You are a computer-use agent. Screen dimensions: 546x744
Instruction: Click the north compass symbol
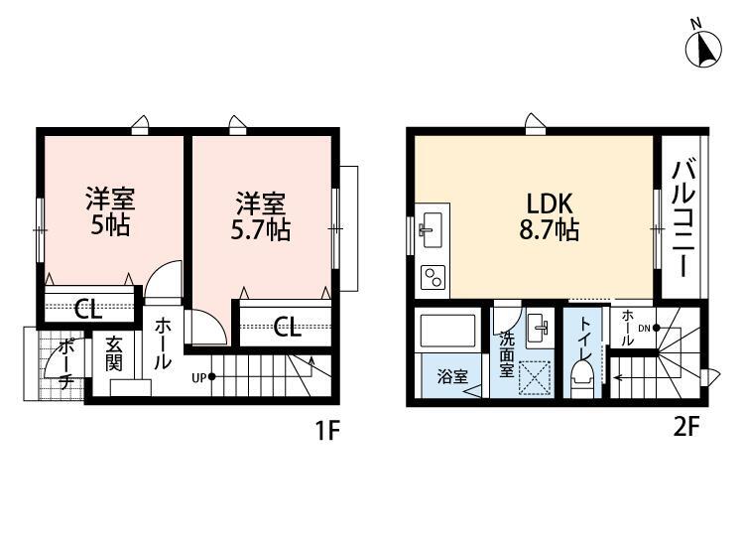pyautogui.click(x=703, y=48)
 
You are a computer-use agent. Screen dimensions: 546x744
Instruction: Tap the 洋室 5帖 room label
pyautogui.click(x=109, y=210)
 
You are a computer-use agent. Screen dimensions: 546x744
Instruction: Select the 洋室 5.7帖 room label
pyautogui.click(x=261, y=217)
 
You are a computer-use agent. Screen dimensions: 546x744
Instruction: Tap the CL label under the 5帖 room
pyautogui.click(x=88, y=309)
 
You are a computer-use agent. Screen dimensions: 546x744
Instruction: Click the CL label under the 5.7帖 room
pyautogui.click(x=288, y=325)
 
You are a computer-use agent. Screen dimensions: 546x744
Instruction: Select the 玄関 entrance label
pyautogui.click(x=114, y=353)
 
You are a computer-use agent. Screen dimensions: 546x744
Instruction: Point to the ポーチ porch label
pyautogui.click(x=64, y=364)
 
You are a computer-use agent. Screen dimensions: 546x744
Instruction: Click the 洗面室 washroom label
pyautogui.click(x=506, y=353)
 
